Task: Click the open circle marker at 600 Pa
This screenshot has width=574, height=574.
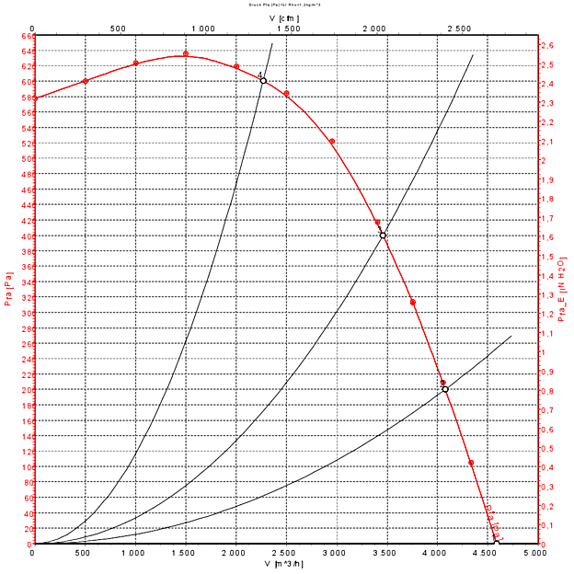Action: point(263,81)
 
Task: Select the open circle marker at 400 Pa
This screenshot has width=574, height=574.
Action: point(383,235)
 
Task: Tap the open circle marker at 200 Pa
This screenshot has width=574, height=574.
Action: point(445,389)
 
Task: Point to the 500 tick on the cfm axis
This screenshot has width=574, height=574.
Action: point(118,29)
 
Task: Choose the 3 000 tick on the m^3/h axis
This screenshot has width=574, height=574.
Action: point(336,553)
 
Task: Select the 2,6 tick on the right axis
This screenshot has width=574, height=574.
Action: point(546,45)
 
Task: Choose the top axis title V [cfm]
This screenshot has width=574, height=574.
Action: point(284,17)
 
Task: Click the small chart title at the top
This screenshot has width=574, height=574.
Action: point(285,5)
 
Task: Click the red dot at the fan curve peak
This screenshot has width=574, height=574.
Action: point(186,54)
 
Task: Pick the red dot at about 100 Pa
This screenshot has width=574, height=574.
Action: point(471,463)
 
